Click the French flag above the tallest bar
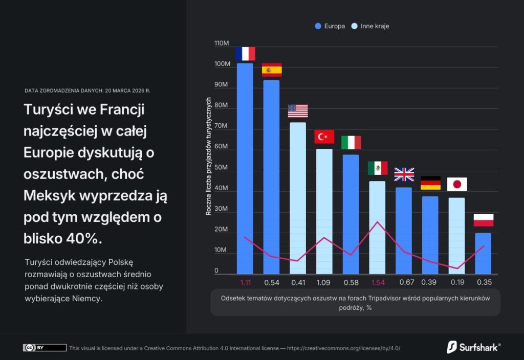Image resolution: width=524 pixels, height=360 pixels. tap(245, 54)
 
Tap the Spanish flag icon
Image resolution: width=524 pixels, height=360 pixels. tap(272, 70)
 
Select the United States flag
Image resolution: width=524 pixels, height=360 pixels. tap(298, 111)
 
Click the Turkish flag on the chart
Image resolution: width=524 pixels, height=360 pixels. tap(324, 137)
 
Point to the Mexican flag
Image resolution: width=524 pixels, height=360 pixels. tap(377, 168)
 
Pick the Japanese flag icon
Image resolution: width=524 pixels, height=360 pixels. tap(456, 184)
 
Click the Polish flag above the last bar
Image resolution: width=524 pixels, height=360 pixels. tap(483, 220)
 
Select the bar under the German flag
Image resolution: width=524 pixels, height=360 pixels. tap(430, 235)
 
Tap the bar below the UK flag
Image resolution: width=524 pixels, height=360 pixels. tap(404, 230)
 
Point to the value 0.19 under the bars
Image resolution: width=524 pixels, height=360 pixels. tap(456, 282)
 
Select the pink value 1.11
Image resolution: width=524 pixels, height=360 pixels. tap(245, 282)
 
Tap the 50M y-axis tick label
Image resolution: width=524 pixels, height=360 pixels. tap(222, 168)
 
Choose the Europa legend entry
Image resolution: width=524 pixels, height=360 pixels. tap(330, 26)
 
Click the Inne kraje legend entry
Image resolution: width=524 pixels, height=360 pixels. tap(370, 26)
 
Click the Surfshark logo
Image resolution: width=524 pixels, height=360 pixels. tap(473, 347)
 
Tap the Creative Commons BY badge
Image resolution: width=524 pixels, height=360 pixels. tap(45, 348)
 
